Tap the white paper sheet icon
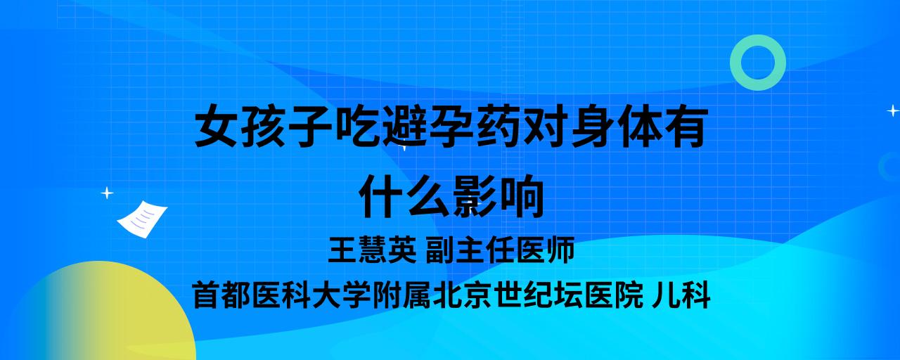click(142, 219)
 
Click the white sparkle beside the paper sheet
click(107, 193)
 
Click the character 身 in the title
click(593, 125)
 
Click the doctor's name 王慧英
click(373, 250)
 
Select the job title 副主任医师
click(500, 250)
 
